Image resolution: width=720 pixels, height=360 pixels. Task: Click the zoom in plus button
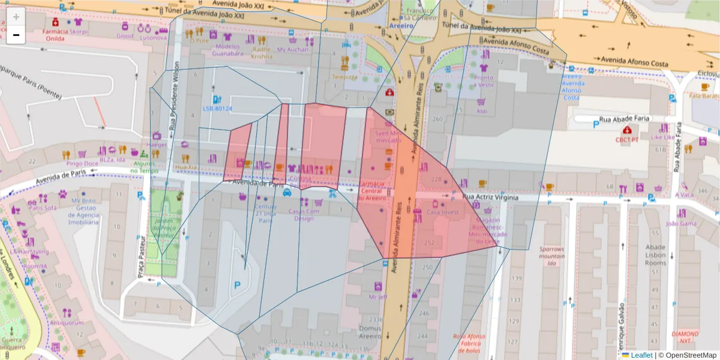click(16, 17)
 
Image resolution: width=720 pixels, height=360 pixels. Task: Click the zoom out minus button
click(16, 35)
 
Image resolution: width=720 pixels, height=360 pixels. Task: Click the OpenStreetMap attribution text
click(688, 355)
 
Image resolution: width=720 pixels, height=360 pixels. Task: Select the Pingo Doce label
click(82, 163)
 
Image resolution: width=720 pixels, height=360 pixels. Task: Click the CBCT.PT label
click(627, 140)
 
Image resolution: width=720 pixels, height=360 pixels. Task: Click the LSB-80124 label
click(217, 109)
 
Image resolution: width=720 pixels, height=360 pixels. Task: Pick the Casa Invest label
click(442, 212)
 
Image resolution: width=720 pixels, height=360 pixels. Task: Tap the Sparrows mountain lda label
click(551, 256)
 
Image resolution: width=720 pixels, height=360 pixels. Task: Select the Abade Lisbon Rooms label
click(655, 255)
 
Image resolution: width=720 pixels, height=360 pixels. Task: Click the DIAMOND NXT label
click(685, 337)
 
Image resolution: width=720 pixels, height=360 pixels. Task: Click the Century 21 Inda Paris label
click(265, 213)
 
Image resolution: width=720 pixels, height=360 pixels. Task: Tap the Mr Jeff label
click(377, 296)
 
